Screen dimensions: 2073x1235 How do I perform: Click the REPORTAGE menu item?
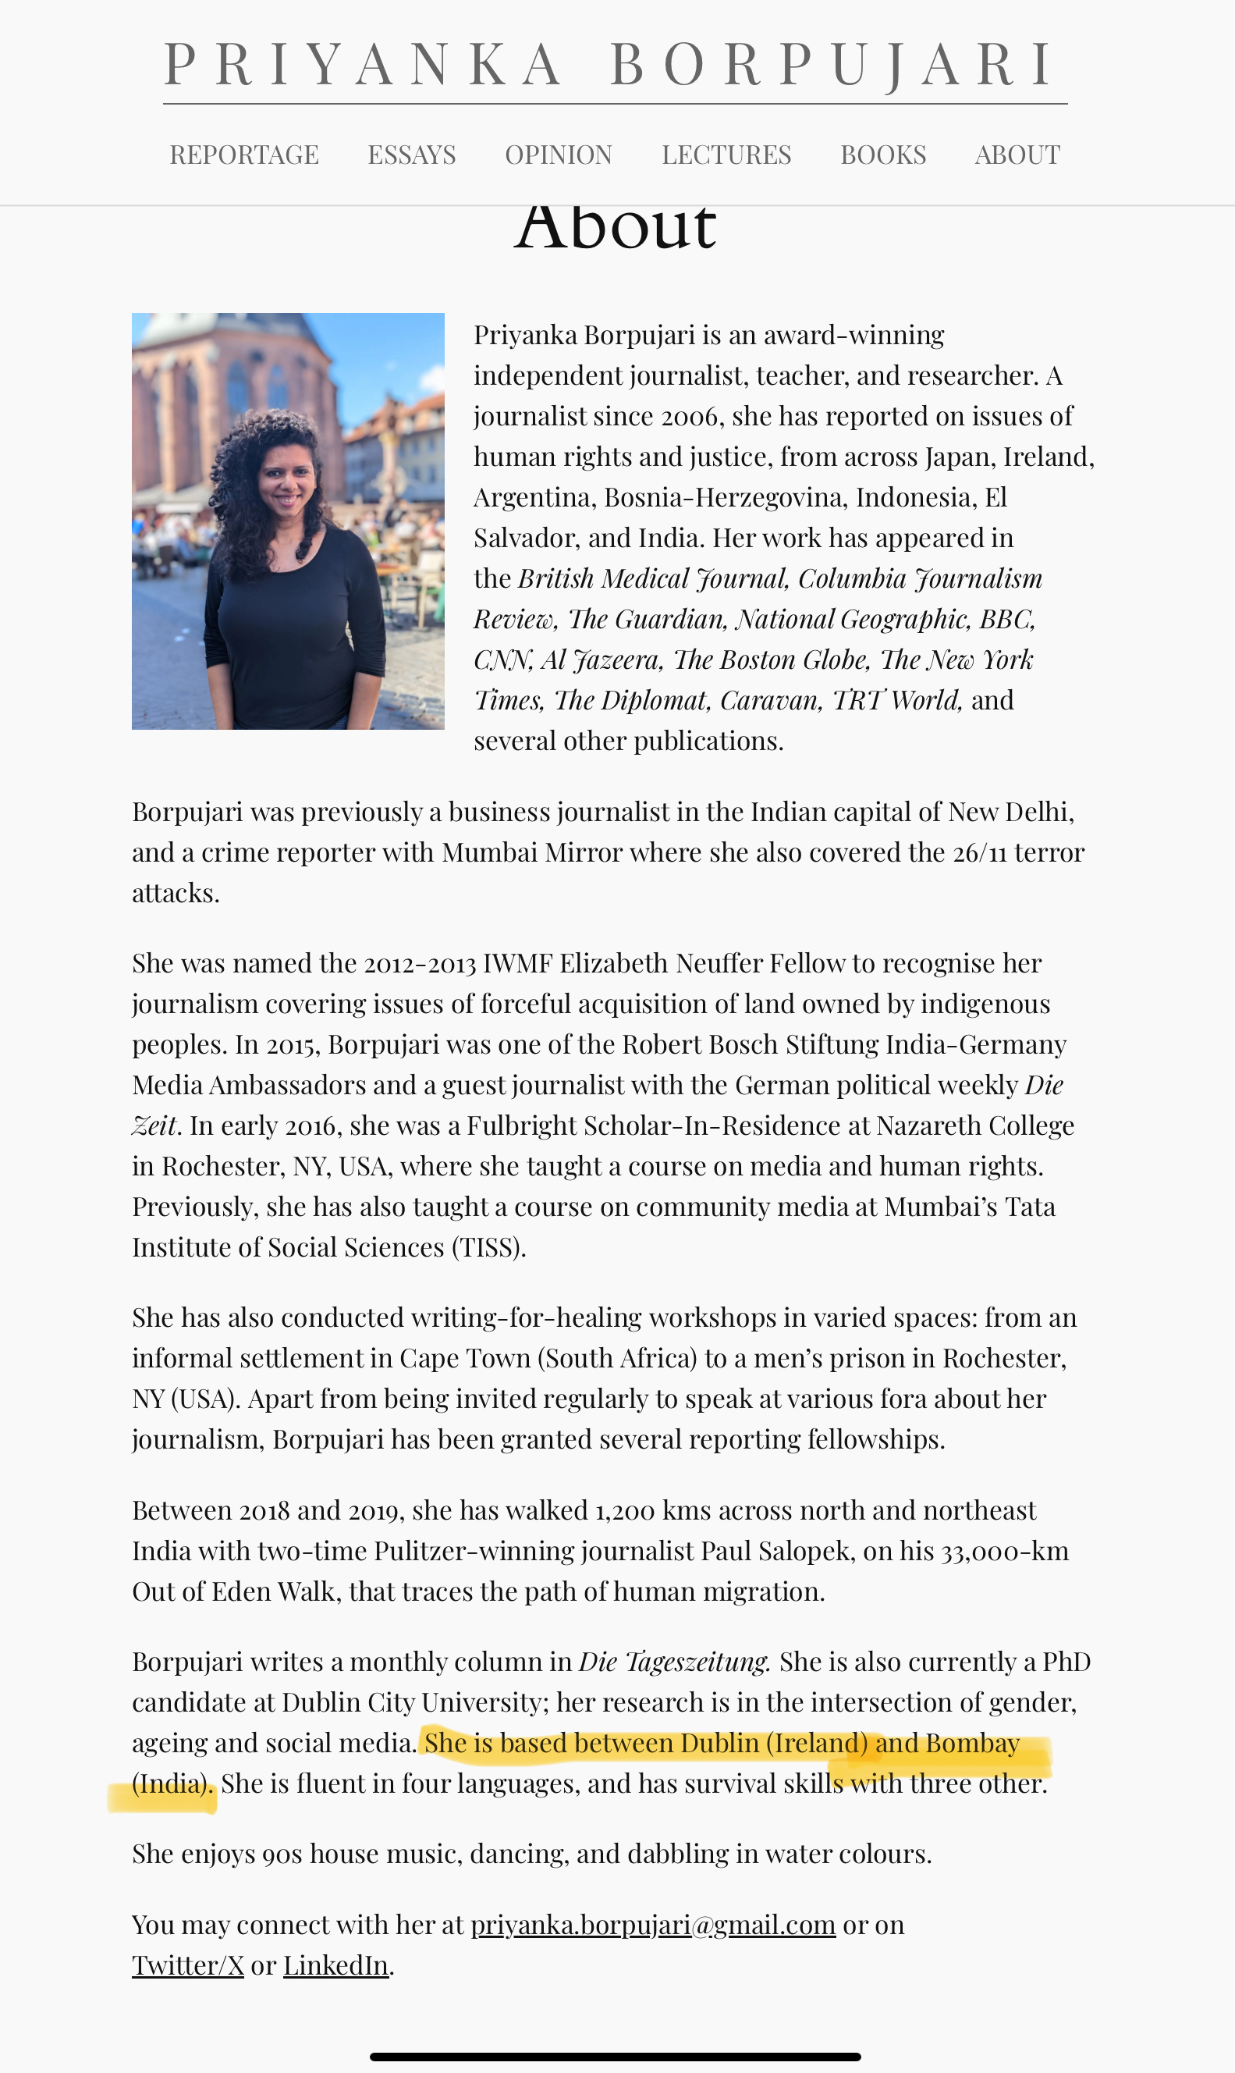pos(244,155)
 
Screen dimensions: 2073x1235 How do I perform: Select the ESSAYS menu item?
pos(412,155)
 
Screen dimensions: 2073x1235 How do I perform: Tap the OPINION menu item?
pos(559,155)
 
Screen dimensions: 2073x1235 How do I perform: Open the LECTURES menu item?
pos(726,155)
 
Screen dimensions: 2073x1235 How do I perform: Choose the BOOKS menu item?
pos(883,155)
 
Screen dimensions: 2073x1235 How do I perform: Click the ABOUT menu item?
pos(1017,155)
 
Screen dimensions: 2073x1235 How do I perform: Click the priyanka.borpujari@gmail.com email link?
pos(652,1925)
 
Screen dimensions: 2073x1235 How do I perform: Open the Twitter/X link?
pos(188,1965)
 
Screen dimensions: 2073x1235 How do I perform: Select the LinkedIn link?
pos(335,1965)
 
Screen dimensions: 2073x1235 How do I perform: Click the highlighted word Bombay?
pos(972,1743)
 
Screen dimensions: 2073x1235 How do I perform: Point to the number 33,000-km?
pos(1005,1551)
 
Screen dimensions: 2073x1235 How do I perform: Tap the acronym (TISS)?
pos(488,1247)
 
